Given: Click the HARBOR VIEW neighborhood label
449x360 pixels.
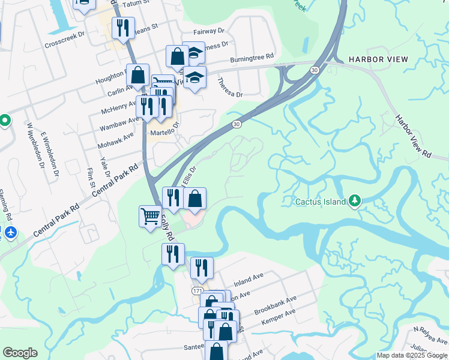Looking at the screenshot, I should (x=378, y=59).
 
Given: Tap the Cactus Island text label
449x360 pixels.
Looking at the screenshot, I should (x=320, y=202).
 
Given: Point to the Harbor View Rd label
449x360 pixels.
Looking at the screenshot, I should (x=414, y=137).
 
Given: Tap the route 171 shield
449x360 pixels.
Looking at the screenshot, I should (x=197, y=290).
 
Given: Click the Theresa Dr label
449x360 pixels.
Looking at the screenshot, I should (x=230, y=87).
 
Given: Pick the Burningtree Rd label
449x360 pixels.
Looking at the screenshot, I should (x=252, y=60).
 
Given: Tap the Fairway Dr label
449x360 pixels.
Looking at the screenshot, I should (x=208, y=31).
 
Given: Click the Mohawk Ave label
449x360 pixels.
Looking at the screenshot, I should (x=115, y=142).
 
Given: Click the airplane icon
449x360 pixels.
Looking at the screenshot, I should (x=10, y=232).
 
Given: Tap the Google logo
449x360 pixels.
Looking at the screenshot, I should (x=20, y=353).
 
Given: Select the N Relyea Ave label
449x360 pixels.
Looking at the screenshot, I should (x=430, y=332).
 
